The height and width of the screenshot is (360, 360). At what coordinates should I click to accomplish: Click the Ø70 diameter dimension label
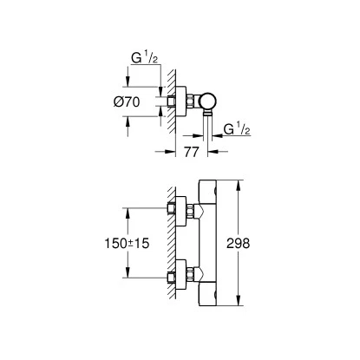[x=127, y=101]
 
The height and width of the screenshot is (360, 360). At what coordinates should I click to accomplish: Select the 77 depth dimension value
[x=192, y=152]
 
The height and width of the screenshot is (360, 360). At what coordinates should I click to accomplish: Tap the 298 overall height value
[x=238, y=244]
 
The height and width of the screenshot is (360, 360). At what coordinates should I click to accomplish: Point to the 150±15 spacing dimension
[x=127, y=244]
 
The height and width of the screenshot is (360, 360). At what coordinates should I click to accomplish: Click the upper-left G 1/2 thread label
[x=145, y=57]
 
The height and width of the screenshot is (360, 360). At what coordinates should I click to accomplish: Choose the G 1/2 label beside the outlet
[x=237, y=128]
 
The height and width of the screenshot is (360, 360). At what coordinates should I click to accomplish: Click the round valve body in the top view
[x=207, y=101]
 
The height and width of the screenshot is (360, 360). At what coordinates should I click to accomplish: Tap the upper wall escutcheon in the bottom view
[x=181, y=212]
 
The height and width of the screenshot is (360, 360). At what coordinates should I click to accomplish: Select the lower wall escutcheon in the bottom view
[x=181, y=275]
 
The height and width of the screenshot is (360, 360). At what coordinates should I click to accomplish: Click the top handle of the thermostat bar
[x=207, y=191]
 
